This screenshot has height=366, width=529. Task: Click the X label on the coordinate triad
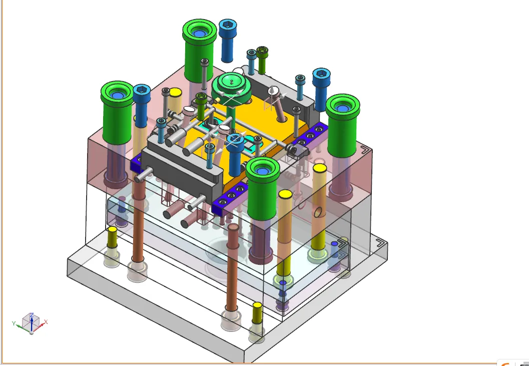tap(46, 322)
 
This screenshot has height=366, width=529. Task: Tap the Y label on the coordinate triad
tap(14, 323)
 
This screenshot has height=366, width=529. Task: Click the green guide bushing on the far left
tap(117, 112)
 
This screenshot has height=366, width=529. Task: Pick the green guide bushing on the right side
tap(343, 126)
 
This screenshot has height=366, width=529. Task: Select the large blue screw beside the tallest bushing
tap(227, 41)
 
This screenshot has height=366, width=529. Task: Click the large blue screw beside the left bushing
tap(142, 105)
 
